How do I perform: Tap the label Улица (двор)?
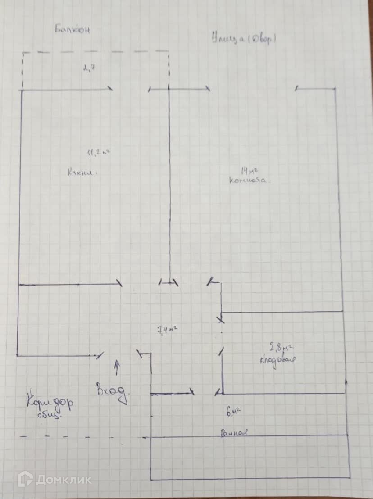[243, 39]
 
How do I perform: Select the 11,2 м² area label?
[99, 153]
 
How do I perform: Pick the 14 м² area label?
[249, 170]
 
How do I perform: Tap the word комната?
[249, 181]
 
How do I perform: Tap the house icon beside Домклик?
[25, 479]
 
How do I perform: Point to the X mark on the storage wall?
[221, 320]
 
